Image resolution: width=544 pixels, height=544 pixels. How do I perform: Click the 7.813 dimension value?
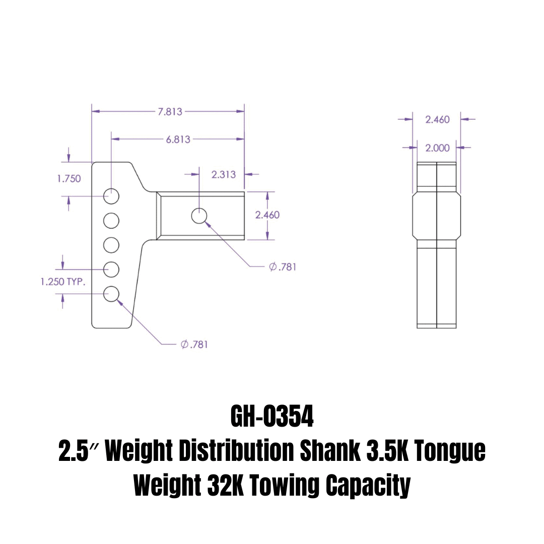pyautogui.click(x=170, y=112)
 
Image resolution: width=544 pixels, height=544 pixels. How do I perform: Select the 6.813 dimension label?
pyautogui.click(x=178, y=139)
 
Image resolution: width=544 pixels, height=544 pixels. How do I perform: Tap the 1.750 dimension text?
pyautogui.click(x=69, y=178)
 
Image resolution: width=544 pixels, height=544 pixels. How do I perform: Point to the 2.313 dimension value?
pyautogui.click(x=223, y=174)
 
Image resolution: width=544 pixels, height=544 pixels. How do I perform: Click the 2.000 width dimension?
pyautogui.click(x=437, y=148)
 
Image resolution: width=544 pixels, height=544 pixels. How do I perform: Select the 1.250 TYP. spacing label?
pyautogui.click(x=63, y=282)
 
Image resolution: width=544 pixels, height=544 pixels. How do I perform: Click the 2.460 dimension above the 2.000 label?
pyautogui.click(x=437, y=119)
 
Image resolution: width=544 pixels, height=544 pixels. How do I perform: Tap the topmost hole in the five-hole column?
pyautogui.click(x=111, y=196)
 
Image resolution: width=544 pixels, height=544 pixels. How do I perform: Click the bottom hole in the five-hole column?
pyautogui.click(x=111, y=294)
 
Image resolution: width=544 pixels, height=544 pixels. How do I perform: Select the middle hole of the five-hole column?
pyautogui.click(x=111, y=245)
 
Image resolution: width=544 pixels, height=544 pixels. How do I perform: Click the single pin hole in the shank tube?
pyautogui.click(x=199, y=216)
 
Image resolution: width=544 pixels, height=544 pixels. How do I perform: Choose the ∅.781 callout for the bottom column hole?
pyautogui.click(x=194, y=345)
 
